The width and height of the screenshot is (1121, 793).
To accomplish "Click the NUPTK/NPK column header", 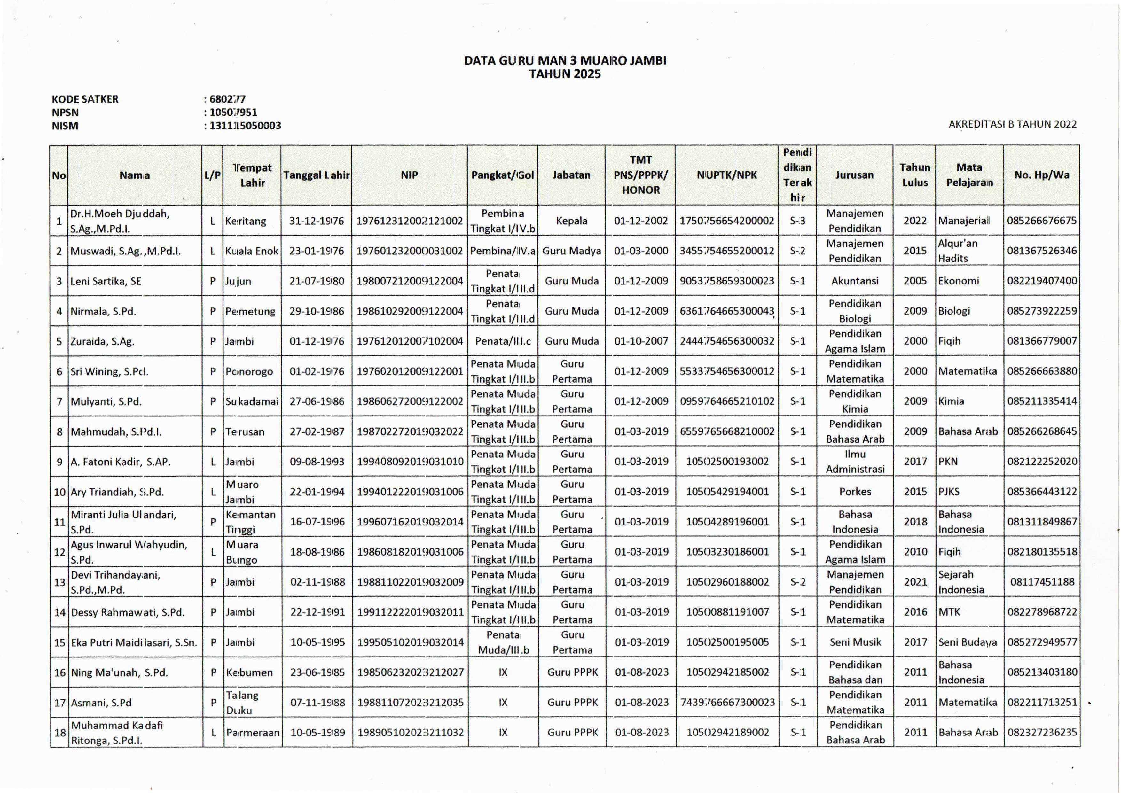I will (726, 175).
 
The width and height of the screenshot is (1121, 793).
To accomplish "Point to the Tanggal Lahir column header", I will (316, 175).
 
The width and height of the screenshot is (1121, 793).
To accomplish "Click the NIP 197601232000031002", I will (409, 251).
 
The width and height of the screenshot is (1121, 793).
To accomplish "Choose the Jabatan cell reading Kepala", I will (571, 221).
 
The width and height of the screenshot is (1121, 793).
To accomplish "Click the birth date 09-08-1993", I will (317, 462).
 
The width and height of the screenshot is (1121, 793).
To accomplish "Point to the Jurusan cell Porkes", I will (855, 492).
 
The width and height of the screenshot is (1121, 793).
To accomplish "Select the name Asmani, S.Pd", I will (102, 703).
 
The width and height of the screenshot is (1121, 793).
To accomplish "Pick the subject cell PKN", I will (948, 462).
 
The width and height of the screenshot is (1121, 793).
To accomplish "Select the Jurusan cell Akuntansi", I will (855, 281).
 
